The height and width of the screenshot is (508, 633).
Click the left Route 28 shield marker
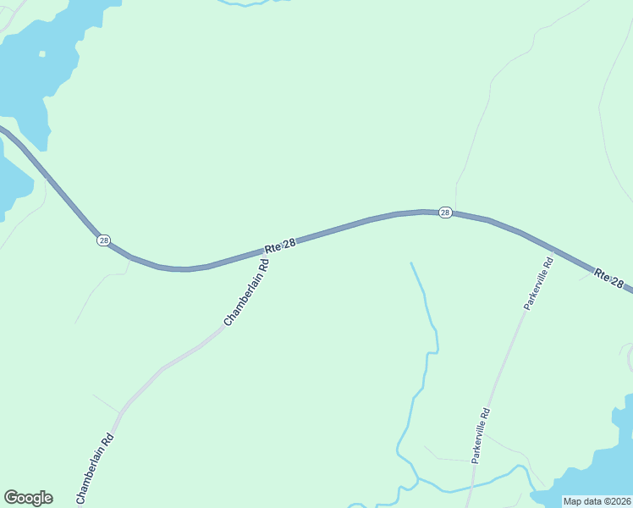(103, 240)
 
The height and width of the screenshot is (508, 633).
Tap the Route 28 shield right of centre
(445, 213)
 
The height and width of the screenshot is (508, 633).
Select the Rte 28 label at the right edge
(612, 279)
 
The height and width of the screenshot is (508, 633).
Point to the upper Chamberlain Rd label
(246, 292)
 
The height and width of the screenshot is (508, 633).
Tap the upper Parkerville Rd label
(538, 284)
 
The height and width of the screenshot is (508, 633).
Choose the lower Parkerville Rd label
(481, 435)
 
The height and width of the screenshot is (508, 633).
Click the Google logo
(28, 498)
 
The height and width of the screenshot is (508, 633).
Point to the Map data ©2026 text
(597, 501)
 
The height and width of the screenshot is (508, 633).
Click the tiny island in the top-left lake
(41, 54)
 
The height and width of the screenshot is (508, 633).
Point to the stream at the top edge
(254, 3)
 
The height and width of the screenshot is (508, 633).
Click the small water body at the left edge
(10, 182)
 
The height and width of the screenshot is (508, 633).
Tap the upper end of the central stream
(411, 263)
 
